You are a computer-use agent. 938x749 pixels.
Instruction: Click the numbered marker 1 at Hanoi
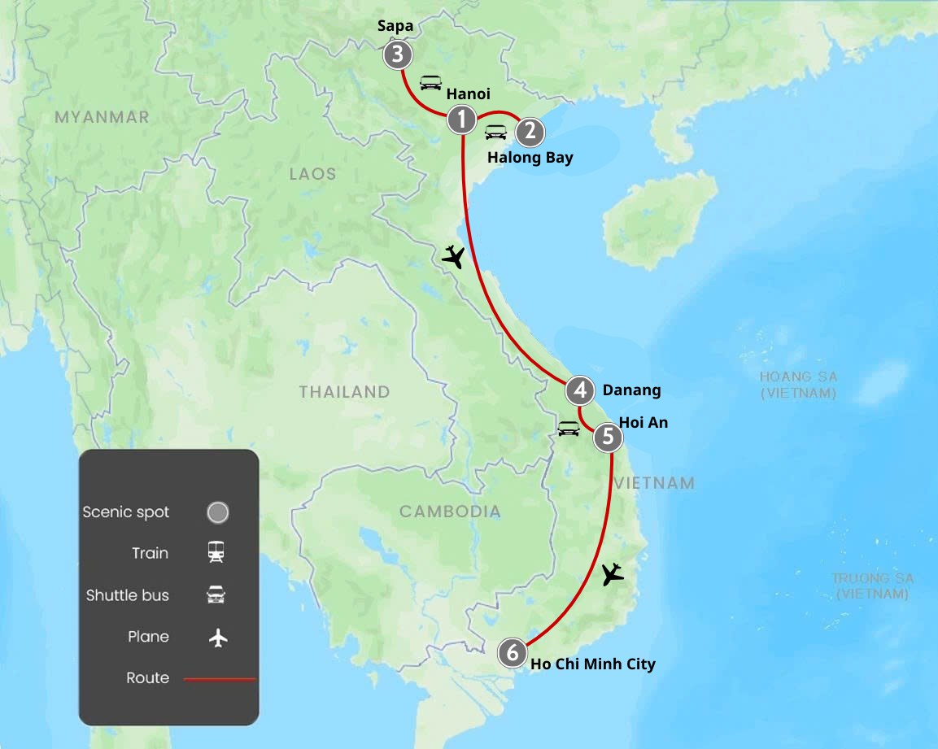click(x=462, y=120)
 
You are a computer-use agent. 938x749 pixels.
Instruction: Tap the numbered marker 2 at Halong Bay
click(x=530, y=131)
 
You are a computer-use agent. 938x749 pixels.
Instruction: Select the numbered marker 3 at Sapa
click(x=397, y=55)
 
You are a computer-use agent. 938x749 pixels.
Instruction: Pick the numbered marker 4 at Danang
click(x=580, y=390)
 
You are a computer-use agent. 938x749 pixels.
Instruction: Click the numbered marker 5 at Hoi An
click(x=607, y=438)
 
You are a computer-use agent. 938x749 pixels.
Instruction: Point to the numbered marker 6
click(x=512, y=652)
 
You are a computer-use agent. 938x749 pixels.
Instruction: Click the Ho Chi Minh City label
click(x=593, y=664)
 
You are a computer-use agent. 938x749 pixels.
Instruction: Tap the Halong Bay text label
click(x=530, y=157)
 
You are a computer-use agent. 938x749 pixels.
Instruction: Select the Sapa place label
click(x=395, y=26)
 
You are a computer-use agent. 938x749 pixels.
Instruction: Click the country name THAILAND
click(x=344, y=392)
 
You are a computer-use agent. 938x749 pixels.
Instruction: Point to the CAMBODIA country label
click(x=450, y=512)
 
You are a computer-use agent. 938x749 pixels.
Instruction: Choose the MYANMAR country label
click(x=102, y=117)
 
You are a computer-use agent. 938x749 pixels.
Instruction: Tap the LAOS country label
click(x=312, y=174)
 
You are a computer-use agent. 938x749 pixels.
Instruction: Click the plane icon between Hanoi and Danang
click(x=453, y=257)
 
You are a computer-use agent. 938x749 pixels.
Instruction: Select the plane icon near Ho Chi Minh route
click(x=613, y=574)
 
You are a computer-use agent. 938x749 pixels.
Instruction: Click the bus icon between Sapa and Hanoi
click(x=430, y=82)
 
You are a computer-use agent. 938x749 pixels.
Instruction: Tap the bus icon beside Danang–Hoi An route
click(x=568, y=428)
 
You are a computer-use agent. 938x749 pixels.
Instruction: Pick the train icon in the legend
click(x=216, y=553)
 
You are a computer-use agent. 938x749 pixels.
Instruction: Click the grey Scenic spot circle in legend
click(x=217, y=512)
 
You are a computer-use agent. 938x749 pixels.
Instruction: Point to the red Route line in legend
click(x=220, y=678)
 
